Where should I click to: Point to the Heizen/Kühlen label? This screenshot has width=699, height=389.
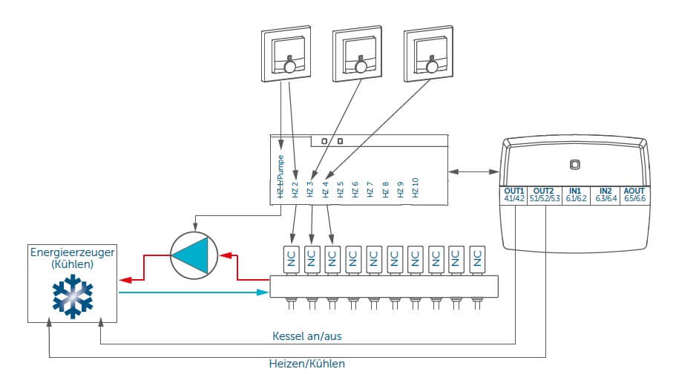[306, 364]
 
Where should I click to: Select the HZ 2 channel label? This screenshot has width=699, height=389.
[295, 189]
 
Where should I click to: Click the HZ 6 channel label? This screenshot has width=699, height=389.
[355, 189]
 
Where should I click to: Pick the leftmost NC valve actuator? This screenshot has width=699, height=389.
[291, 259]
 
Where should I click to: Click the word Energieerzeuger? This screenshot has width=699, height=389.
[72, 253]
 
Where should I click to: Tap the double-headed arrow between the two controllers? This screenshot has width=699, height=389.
[475, 171]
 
